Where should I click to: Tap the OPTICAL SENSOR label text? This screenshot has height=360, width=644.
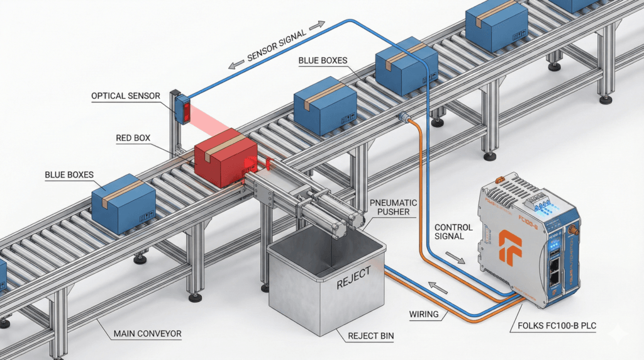(126, 96)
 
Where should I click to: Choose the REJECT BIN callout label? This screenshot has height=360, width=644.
(370, 336)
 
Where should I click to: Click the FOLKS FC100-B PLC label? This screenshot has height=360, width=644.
(566, 327)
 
